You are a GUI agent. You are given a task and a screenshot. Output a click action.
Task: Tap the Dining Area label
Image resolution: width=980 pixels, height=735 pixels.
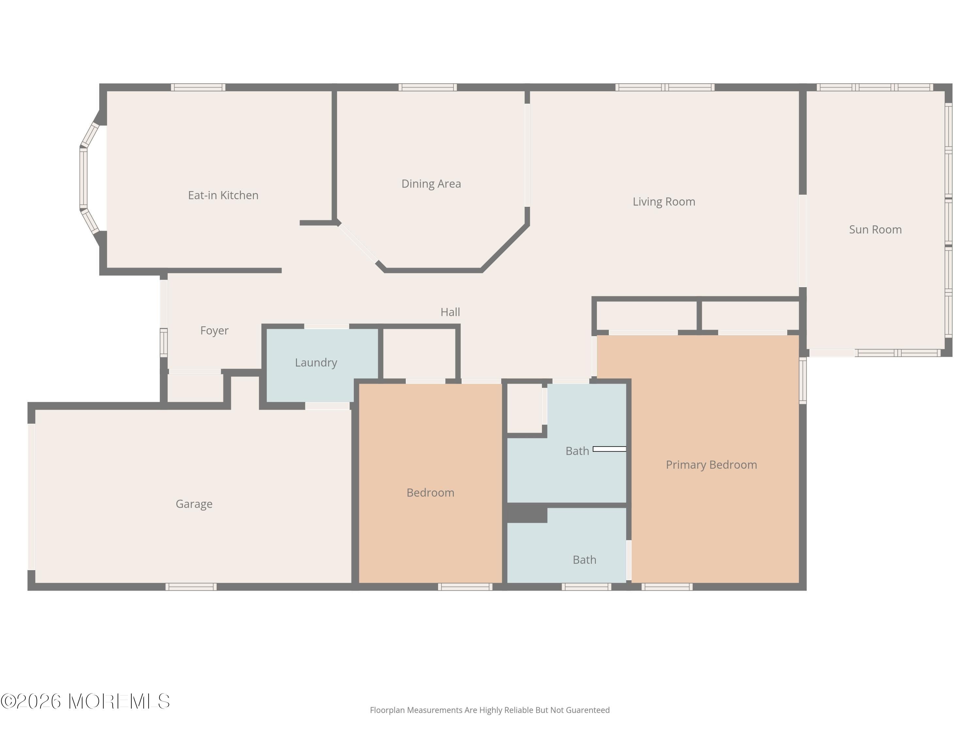pyautogui.click(x=431, y=184)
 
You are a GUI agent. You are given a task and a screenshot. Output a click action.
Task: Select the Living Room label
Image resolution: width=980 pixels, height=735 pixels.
pyautogui.click(x=664, y=202)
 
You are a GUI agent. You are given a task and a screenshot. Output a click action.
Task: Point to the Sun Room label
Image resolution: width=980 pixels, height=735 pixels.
pyautogui.click(x=875, y=230)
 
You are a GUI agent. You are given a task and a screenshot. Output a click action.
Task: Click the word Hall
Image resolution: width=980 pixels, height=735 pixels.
pyautogui.click(x=450, y=312)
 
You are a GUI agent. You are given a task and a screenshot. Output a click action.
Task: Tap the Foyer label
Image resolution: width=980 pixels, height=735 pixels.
pyautogui.click(x=214, y=331)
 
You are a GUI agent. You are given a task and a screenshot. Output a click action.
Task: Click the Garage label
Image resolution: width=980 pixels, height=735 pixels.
pyautogui.click(x=194, y=504)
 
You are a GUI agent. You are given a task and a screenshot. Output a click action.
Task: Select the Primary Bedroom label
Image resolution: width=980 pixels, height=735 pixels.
pyautogui.click(x=711, y=465)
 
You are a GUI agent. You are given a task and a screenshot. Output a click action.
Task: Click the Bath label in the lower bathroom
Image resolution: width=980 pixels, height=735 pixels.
pyautogui.click(x=584, y=560)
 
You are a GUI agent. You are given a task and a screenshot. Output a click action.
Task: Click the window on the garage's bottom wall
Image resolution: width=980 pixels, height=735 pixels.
pyautogui.click(x=191, y=587)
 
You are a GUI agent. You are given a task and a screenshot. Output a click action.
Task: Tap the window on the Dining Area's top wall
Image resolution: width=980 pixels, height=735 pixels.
pyautogui.click(x=428, y=87)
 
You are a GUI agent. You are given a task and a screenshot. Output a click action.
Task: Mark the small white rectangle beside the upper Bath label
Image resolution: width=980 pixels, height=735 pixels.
pyautogui.click(x=609, y=449)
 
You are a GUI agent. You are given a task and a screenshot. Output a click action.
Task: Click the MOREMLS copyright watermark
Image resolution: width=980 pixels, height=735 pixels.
pyautogui.click(x=85, y=701)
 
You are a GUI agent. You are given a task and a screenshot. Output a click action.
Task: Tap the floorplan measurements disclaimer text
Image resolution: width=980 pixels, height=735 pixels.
pyautogui.click(x=490, y=710)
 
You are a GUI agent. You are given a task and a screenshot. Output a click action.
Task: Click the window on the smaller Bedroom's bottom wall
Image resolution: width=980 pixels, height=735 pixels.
pyautogui.click(x=465, y=587)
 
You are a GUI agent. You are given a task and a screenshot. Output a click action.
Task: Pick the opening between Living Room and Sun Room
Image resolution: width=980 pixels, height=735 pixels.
pyautogui.click(x=802, y=241)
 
